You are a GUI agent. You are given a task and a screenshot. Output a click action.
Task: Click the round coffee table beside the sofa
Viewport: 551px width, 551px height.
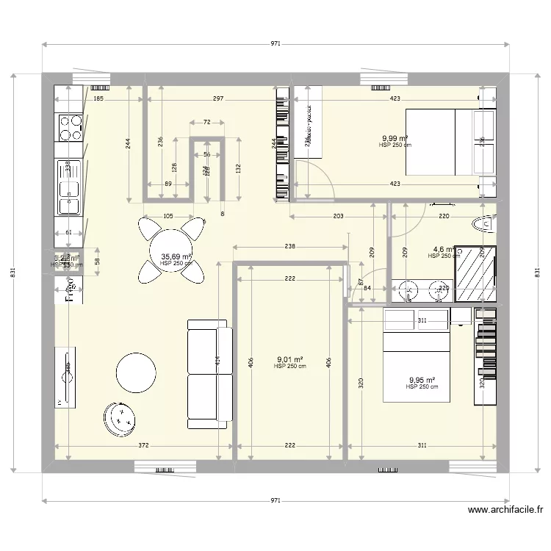point(137,373)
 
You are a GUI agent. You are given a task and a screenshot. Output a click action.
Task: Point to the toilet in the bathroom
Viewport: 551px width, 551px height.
point(486,223)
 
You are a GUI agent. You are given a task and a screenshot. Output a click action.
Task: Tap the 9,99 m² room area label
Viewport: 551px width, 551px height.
point(395,138)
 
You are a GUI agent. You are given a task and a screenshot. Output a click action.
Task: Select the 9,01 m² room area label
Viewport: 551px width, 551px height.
point(289,360)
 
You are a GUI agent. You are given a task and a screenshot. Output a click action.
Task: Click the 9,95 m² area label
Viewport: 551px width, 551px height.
point(422,381)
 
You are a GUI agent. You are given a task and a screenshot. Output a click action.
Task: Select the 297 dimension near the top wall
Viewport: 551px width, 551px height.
point(218,98)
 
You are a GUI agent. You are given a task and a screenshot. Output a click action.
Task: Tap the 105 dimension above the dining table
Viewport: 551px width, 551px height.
point(168,216)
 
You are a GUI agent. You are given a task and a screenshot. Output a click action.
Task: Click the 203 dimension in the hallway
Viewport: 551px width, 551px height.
point(338,216)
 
